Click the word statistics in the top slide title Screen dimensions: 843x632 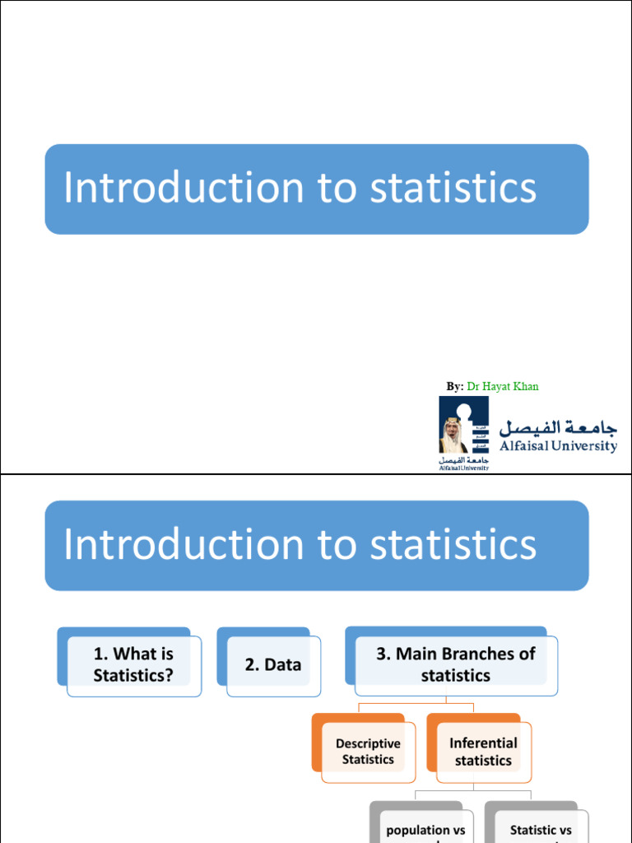tap(453, 188)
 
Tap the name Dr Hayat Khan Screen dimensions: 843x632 tap(503, 386)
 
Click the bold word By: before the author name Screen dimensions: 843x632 tap(455, 386)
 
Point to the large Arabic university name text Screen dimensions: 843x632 tap(558, 426)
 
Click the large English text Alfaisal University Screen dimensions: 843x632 tap(558, 446)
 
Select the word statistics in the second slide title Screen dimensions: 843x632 tap(453, 544)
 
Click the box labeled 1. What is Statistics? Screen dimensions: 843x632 tap(133, 664)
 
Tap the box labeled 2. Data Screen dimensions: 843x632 tap(272, 664)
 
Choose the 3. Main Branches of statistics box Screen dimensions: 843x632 tap(455, 664)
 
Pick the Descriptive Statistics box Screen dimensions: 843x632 tap(368, 751)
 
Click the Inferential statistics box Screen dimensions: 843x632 tap(483, 751)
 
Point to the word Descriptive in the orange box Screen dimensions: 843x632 tap(368, 743)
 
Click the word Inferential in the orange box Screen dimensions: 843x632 tap(483, 743)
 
